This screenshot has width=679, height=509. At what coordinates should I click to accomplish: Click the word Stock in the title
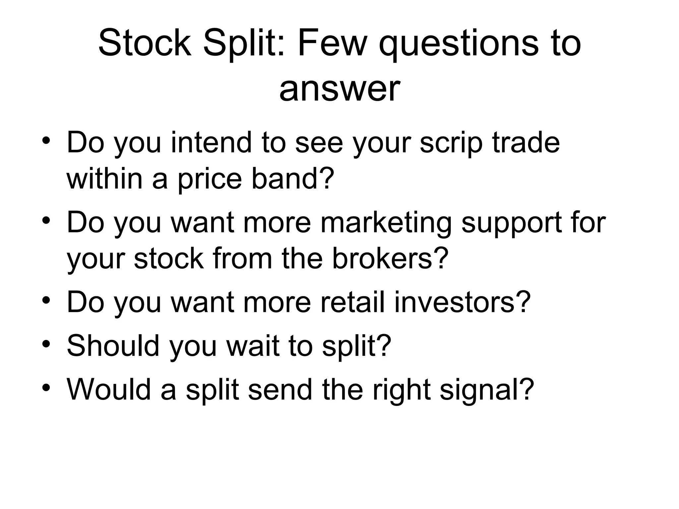(145, 43)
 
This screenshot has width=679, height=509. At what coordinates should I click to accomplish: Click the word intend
(211, 142)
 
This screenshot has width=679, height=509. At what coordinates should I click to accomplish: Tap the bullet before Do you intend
(46, 140)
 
